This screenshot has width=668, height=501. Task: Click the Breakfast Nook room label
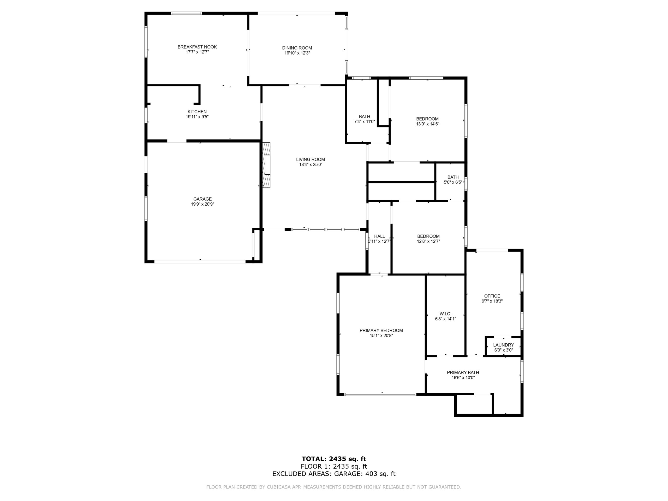tap(197, 47)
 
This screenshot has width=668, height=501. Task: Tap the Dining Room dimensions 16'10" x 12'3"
tap(297, 53)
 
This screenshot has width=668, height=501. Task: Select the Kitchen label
tap(197, 112)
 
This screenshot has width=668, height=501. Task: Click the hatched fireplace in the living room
tap(266, 165)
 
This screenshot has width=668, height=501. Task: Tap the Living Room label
tap(311, 159)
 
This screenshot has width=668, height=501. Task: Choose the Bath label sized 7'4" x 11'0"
tap(365, 117)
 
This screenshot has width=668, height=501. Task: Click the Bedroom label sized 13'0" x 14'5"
tap(427, 119)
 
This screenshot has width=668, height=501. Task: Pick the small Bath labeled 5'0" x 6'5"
tap(453, 177)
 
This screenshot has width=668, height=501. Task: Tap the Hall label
tap(380, 236)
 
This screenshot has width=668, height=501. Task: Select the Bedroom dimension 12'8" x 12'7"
tap(428, 242)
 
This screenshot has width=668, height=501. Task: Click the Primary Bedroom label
tap(381, 330)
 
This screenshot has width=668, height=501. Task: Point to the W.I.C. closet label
tap(445, 314)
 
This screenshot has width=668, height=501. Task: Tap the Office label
tap(492, 296)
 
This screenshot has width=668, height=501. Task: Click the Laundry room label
tap(503, 345)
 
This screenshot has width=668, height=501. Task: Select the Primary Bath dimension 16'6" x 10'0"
tap(463, 378)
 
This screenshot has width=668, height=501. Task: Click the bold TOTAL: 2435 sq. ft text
tap(334, 459)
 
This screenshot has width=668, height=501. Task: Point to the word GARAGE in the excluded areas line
tap(348, 474)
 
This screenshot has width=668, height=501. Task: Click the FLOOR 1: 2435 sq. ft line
tap(334, 466)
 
